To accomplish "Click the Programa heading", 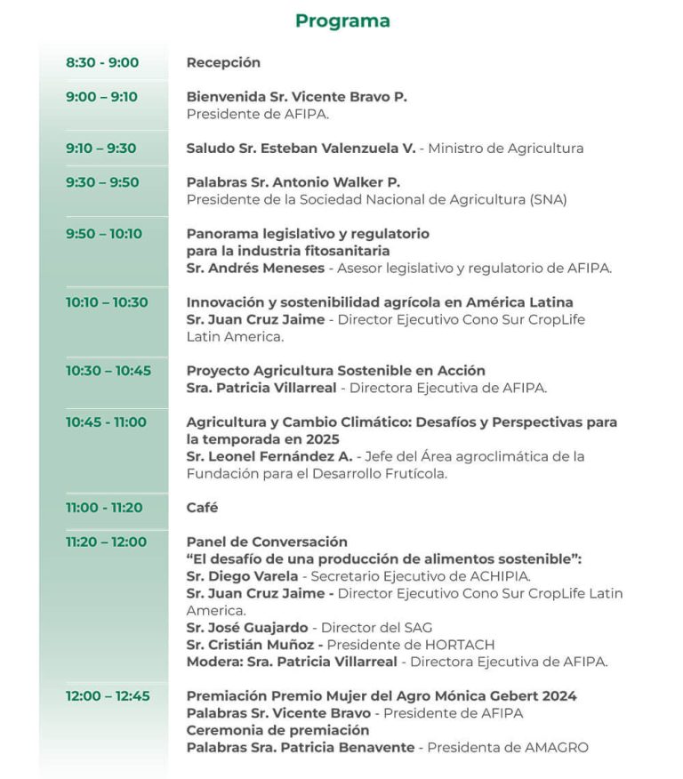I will point(342,20).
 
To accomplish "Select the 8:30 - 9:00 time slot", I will point(102,62).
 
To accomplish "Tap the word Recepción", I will point(223,62).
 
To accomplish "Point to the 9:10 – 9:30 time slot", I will point(101,149).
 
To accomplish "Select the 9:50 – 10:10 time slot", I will point(104,234).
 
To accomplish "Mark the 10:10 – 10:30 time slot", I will point(107,302).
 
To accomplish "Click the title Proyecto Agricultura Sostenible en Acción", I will point(335,371).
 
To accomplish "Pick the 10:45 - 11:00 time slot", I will point(106,422).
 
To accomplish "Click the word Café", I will point(202,508).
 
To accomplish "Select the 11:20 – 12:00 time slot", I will point(107,542).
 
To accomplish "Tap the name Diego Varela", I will point(241,576).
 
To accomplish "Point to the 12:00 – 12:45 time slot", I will point(108,696).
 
